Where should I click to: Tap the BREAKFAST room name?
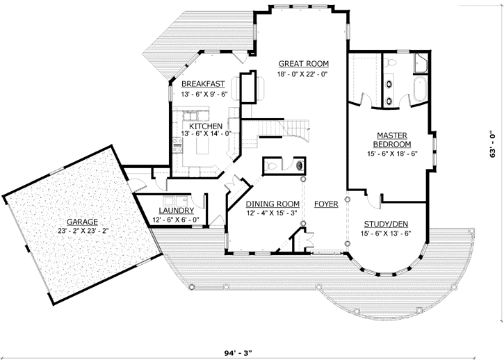204,83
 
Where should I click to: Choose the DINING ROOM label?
273,204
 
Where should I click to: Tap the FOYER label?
326,204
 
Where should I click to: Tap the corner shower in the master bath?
423,65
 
